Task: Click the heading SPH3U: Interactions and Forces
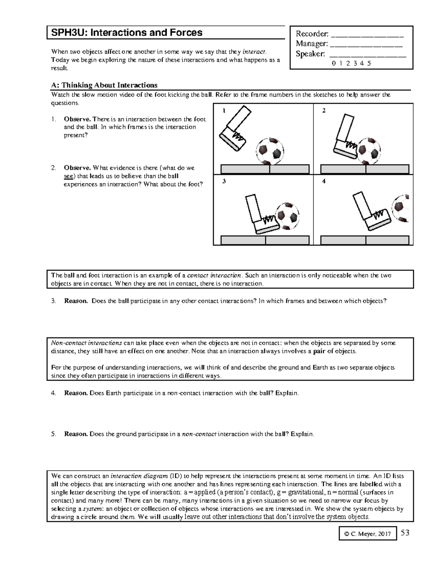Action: pos(127,33)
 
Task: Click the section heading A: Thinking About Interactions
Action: pos(104,85)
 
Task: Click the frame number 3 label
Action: pos(224,182)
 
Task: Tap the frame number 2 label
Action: pos(324,111)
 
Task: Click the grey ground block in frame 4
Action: pos(365,240)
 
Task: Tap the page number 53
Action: pos(405,533)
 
